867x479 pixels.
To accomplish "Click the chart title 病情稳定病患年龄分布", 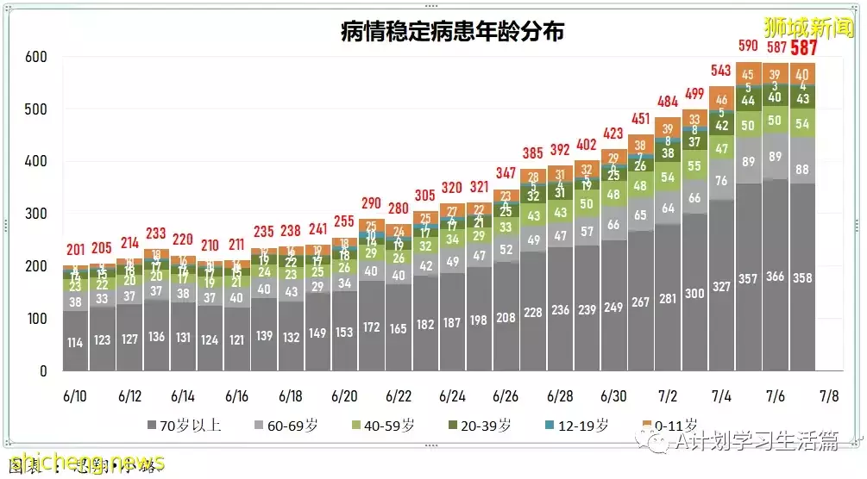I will (452, 33).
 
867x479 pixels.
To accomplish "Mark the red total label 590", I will (747, 45).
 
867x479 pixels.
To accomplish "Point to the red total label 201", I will (75, 250).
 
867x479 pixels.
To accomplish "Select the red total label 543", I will (721, 69).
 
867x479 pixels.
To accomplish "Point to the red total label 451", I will (640, 118).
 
